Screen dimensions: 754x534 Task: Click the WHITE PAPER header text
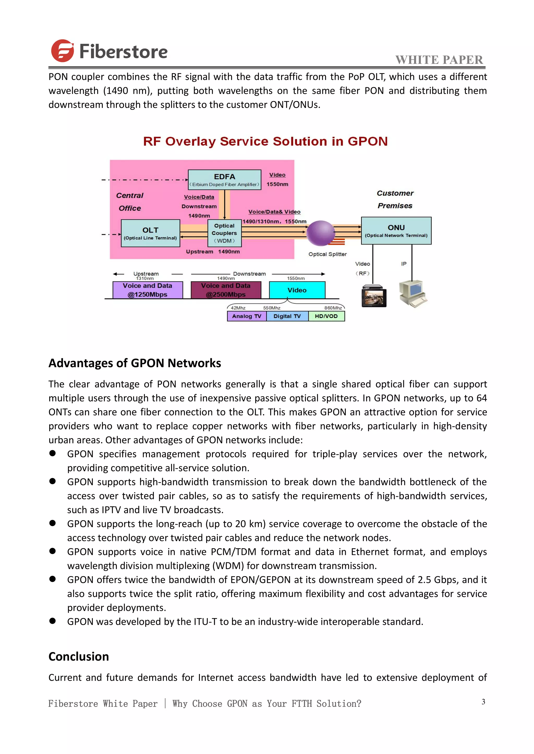coord(439,60)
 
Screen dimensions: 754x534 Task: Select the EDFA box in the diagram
coord(224,180)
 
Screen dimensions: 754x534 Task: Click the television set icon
coord(374,296)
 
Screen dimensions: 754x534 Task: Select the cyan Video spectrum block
coord(297,290)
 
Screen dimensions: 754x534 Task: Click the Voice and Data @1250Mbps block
coord(147,290)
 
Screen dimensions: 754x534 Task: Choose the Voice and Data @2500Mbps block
coord(226,290)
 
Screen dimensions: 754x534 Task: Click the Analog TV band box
coord(247,316)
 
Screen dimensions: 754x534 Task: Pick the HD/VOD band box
coord(326,316)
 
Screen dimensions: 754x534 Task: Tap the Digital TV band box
coord(287,316)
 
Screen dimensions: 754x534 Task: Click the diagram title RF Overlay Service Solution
coord(265,142)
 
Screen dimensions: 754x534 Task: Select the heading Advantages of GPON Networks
coord(135,363)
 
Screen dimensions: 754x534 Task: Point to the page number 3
coord(483,702)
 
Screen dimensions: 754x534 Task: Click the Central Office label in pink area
coord(130,202)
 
